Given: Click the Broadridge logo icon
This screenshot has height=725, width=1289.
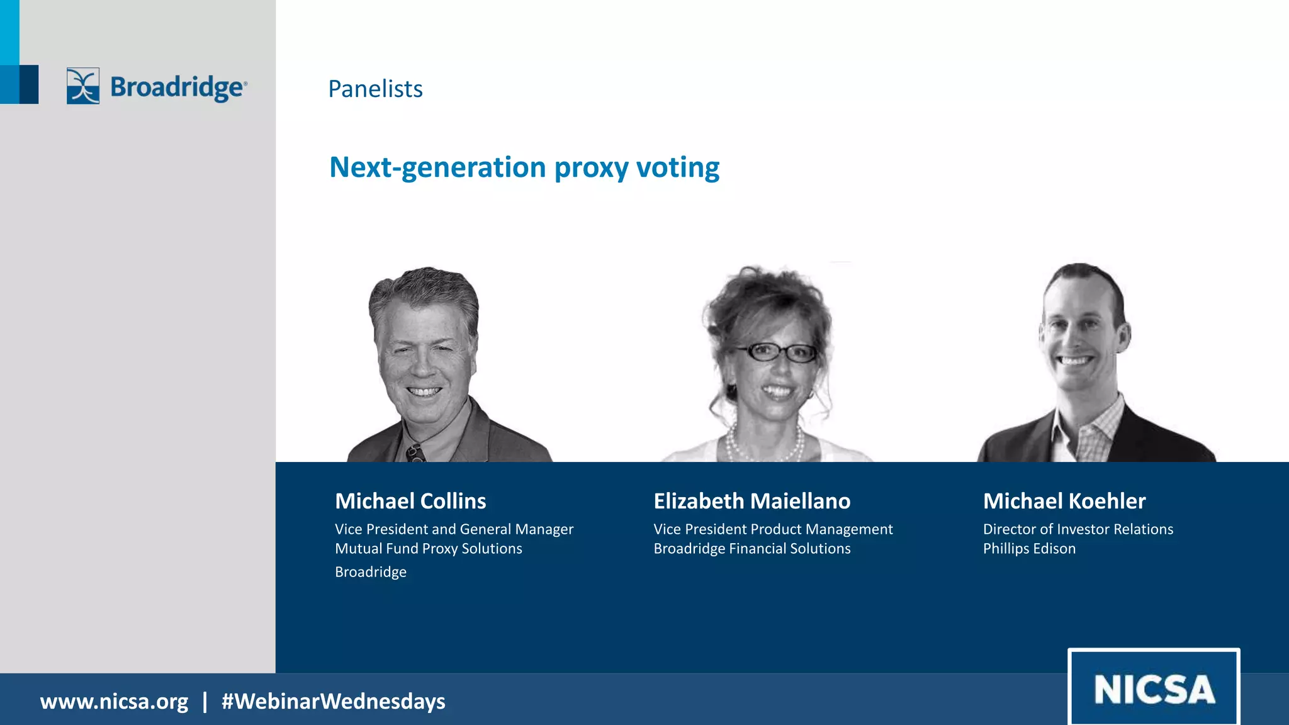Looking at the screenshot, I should [x=83, y=86].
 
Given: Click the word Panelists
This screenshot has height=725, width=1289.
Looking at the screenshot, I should [x=375, y=89].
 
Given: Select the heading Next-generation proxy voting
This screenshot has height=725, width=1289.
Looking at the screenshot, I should [x=524, y=167].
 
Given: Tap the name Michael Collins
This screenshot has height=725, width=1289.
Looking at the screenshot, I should [x=410, y=501].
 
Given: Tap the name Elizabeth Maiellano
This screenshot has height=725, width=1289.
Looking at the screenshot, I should [x=751, y=501].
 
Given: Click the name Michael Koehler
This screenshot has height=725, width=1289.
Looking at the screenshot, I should [x=1064, y=501].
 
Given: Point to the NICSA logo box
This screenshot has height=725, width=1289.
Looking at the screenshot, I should [x=1154, y=688].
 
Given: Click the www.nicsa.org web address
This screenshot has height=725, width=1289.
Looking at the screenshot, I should [x=114, y=701].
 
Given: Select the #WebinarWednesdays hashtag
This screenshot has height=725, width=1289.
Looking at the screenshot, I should [x=333, y=701].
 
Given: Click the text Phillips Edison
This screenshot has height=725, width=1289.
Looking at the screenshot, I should [x=1029, y=548].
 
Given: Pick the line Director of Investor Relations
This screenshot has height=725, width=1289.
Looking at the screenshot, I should [x=1078, y=529].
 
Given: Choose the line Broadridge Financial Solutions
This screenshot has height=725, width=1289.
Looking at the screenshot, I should [x=751, y=548].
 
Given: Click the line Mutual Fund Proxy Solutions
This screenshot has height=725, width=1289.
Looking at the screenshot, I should [x=428, y=548].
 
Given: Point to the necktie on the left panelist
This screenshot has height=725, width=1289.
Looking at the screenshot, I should [x=415, y=452].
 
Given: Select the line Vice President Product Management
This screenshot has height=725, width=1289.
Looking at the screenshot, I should [x=773, y=529].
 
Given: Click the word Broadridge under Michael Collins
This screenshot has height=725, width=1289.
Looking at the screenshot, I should [x=370, y=572].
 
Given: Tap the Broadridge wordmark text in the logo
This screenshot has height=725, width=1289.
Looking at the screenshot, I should [x=178, y=87].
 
